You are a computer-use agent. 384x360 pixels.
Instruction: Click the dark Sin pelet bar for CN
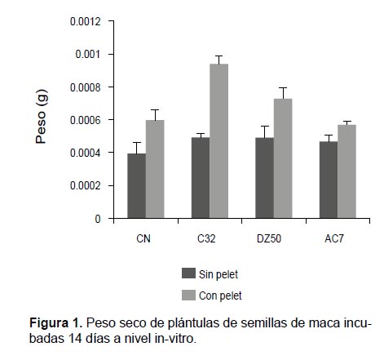pos(136,185)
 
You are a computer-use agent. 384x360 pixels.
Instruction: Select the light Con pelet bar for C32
pos(219,141)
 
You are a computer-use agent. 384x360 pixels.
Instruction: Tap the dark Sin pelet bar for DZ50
pos(264,178)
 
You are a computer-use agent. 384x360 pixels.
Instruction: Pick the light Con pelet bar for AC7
pos(346,171)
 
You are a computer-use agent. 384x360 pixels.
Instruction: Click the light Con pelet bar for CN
pos(155,169)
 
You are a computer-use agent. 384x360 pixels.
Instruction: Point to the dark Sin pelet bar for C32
pos(201,178)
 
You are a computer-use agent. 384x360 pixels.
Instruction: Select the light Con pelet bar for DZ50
pos(283,158)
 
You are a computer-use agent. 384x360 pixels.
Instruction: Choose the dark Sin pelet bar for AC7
pos(329,180)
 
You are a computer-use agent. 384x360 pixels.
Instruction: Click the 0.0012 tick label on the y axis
pos(86,21)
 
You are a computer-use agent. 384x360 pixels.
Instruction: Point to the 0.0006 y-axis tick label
pos(86,120)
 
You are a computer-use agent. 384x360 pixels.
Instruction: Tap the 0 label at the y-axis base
pos(98,219)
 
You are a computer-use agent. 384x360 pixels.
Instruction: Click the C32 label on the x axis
pos(206,238)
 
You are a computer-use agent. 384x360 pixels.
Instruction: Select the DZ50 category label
pos(269,238)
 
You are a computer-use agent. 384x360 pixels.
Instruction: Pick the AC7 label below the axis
pos(334,238)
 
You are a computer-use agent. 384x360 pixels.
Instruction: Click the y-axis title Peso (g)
pos(42,117)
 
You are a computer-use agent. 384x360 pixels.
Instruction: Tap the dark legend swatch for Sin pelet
pos(188,273)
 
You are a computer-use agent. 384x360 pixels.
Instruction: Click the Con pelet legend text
pos(220,296)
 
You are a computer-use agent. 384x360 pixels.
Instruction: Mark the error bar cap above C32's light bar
pos(218,56)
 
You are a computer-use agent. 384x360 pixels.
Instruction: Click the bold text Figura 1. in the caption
pos(55,323)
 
